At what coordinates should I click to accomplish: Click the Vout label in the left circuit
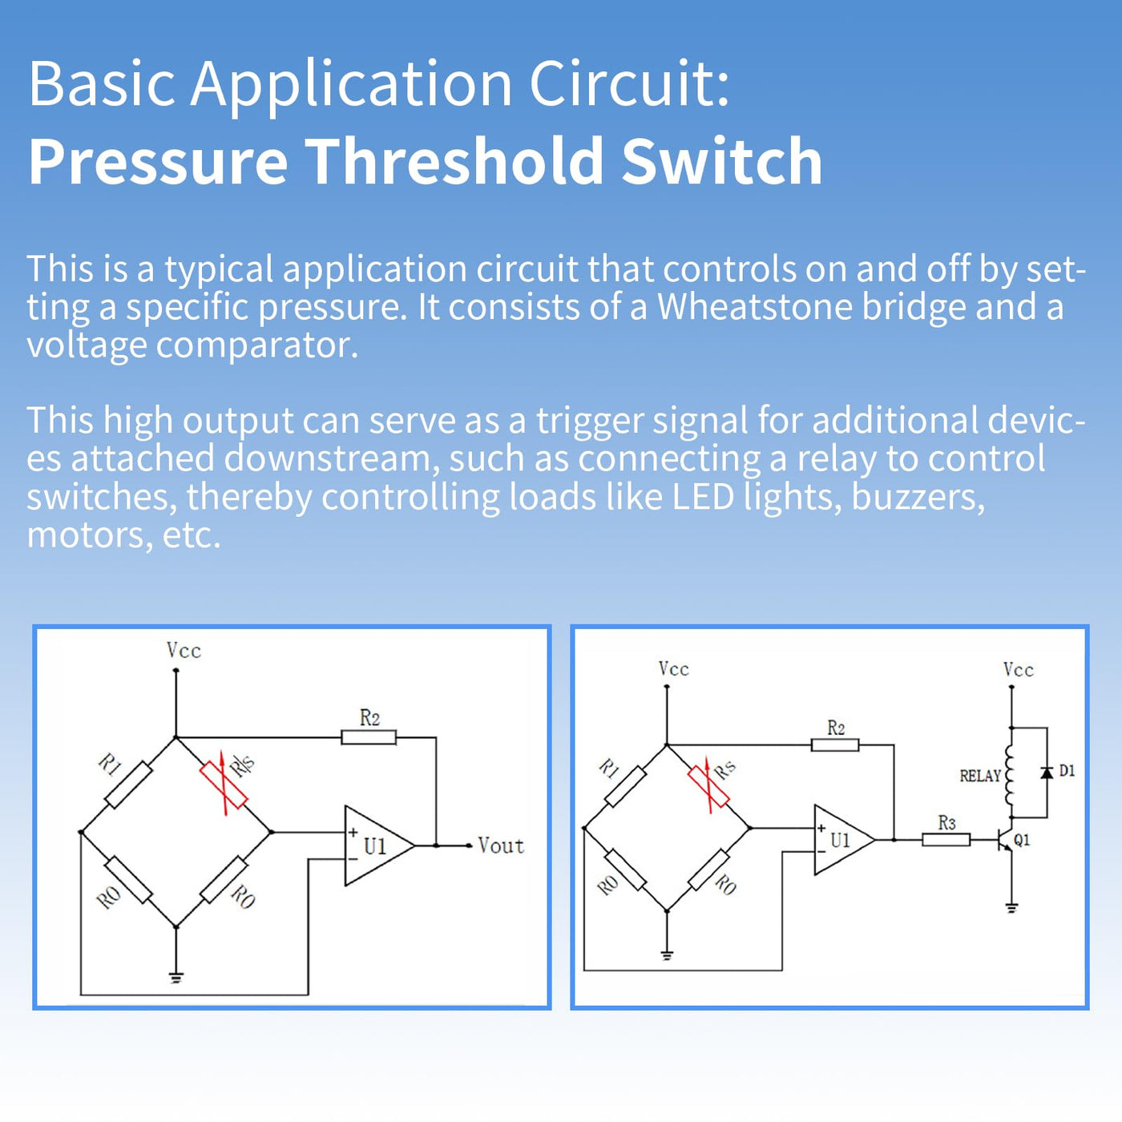[500, 846]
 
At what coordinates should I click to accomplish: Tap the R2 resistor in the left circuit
[369, 737]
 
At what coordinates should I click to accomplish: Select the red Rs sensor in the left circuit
[224, 786]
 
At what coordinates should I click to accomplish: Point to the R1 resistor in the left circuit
[128, 785]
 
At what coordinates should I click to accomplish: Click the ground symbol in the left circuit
[176, 976]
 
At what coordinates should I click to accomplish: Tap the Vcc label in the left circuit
[184, 650]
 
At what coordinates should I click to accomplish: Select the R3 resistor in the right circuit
[946, 839]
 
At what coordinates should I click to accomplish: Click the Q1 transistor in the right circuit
[1005, 840]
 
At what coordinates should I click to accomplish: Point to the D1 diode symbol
[1047, 773]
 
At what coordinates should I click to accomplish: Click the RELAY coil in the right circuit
[1010, 776]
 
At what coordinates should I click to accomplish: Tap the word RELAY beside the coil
[979, 776]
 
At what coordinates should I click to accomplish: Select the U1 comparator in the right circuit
[841, 840]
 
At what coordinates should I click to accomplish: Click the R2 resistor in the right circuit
[835, 745]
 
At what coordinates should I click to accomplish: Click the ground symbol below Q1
[1011, 908]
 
